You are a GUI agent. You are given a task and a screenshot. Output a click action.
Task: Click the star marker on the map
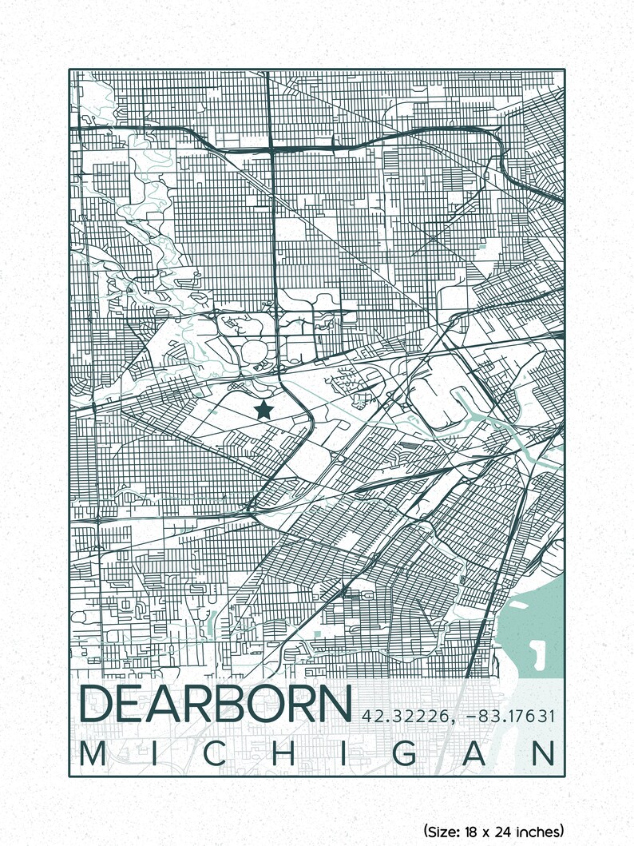point(264,410)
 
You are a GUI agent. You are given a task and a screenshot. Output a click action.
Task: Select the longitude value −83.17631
point(510,716)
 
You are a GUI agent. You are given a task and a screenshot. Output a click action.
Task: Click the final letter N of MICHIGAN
point(546,753)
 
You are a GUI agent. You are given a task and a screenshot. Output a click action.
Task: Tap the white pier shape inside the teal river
point(537,657)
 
